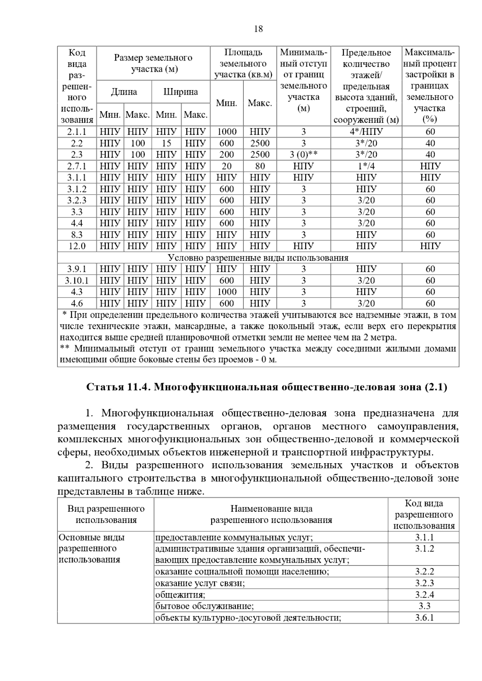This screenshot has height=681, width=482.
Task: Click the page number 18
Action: (258, 29)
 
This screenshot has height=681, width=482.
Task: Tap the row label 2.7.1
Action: (77, 166)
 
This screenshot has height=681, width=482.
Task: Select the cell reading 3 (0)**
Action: (303, 155)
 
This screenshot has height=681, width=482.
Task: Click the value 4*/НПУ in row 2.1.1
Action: (366, 132)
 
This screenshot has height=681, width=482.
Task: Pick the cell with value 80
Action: (260, 166)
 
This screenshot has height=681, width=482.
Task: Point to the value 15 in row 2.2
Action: (166, 143)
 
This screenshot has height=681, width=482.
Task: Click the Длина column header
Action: (124, 92)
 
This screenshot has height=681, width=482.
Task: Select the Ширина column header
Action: (180, 92)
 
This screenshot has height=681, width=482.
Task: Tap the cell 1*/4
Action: (366, 166)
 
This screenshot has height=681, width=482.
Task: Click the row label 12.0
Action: (77, 246)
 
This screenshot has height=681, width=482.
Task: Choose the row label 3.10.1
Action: (77, 280)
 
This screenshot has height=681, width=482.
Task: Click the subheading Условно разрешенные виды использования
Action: (258, 257)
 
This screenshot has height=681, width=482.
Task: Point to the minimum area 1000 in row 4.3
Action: (227, 292)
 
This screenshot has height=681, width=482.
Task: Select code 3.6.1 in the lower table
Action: (424, 618)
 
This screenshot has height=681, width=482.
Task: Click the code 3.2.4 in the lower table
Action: (424, 595)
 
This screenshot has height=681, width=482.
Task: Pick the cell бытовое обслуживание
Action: (204, 606)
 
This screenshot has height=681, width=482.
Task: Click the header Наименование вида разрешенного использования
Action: (271, 515)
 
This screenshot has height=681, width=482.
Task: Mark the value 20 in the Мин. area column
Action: (227, 166)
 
